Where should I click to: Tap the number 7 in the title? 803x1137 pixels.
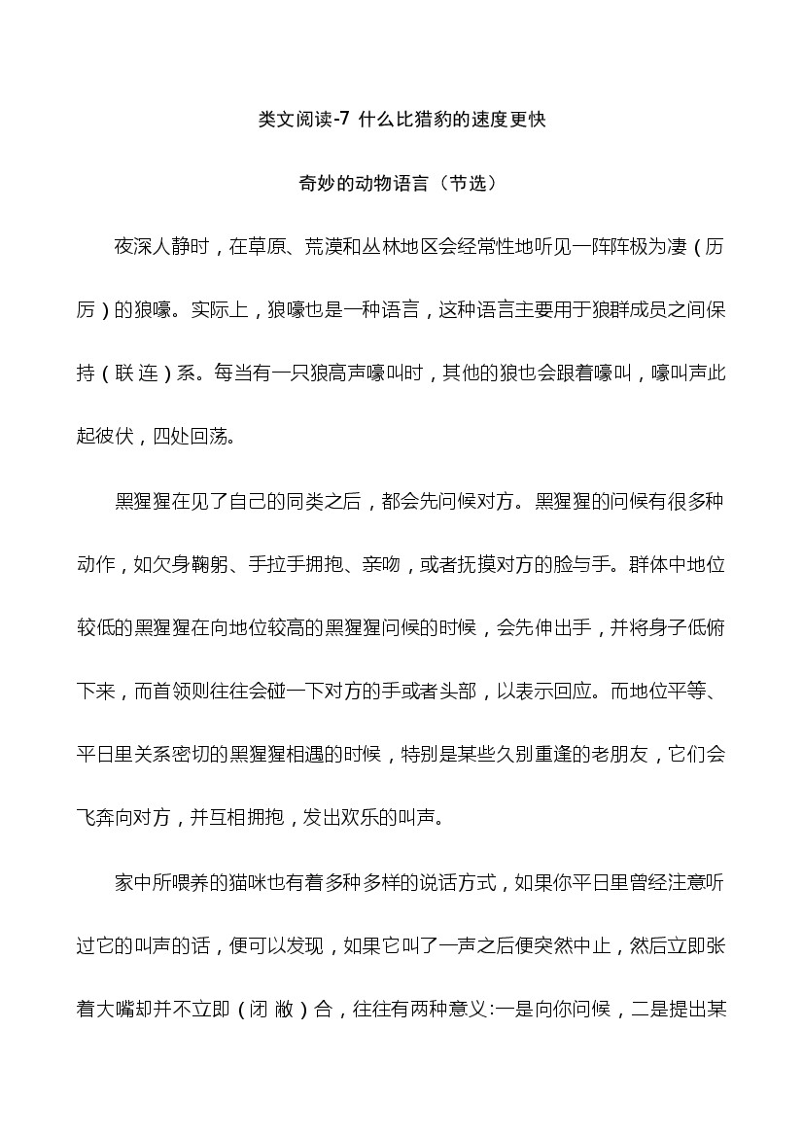[342, 120]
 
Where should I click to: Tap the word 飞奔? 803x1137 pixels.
[96, 818]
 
